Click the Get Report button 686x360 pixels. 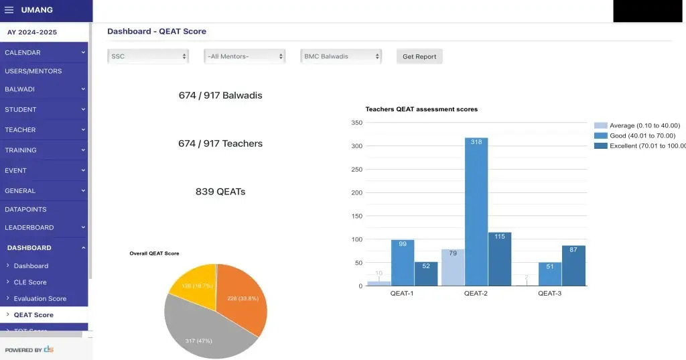[x=419, y=56]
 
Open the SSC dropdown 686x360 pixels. [x=148, y=56]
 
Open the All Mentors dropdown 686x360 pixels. [x=245, y=56]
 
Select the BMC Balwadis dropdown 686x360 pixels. [x=341, y=56]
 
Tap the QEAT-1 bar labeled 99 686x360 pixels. [x=403, y=262]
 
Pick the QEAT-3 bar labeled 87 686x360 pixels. [x=573, y=265]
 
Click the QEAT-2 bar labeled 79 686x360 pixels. [x=453, y=267]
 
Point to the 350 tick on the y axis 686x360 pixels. [x=356, y=123]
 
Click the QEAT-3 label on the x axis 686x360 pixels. [x=551, y=294]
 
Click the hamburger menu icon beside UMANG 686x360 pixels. [x=9, y=10]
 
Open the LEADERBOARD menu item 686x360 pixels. [x=29, y=227]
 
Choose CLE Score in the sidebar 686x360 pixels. [x=30, y=282]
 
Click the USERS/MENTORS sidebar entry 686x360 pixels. [x=33, y=71]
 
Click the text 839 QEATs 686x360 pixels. [x=220, y=192]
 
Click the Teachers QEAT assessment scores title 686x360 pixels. [x=421, y=109]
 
